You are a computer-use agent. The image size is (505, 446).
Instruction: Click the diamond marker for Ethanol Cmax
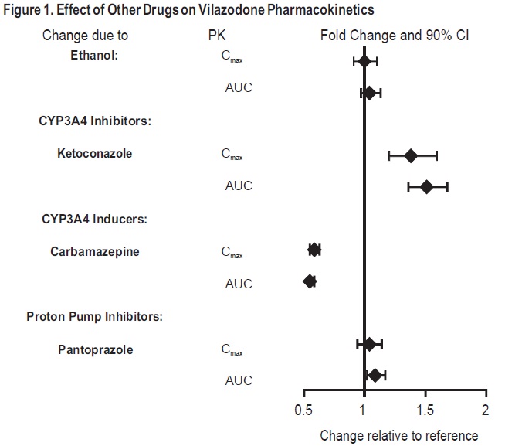[364, 60]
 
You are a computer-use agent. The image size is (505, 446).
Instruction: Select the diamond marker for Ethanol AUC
[370, 93]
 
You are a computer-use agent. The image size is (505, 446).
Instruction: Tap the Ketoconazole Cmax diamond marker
[411, 155]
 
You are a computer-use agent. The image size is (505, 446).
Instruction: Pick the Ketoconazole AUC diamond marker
[426, 187]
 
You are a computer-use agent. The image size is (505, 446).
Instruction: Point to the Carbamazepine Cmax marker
[314, 250]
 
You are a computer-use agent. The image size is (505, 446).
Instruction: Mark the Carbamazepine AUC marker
[310, 281]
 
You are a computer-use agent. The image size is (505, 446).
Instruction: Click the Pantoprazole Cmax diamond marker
[370, 344]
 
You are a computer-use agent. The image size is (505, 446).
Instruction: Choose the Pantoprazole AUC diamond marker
[375, 376]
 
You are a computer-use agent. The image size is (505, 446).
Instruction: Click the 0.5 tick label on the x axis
[303, 409]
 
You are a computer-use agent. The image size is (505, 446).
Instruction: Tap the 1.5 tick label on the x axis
[425, 409]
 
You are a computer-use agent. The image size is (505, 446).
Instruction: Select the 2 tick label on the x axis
[485, 409]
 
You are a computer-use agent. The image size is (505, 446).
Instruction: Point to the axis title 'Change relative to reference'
[398, 435]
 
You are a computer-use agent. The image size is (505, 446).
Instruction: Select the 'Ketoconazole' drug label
[94, 153]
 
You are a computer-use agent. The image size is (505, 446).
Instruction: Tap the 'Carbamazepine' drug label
[95, 251]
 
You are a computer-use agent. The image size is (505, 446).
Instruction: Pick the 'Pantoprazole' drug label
[95, 349]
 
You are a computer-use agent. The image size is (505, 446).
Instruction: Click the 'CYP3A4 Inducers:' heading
[95, 219]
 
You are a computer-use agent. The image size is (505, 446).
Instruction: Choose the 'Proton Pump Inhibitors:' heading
[94, 316]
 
